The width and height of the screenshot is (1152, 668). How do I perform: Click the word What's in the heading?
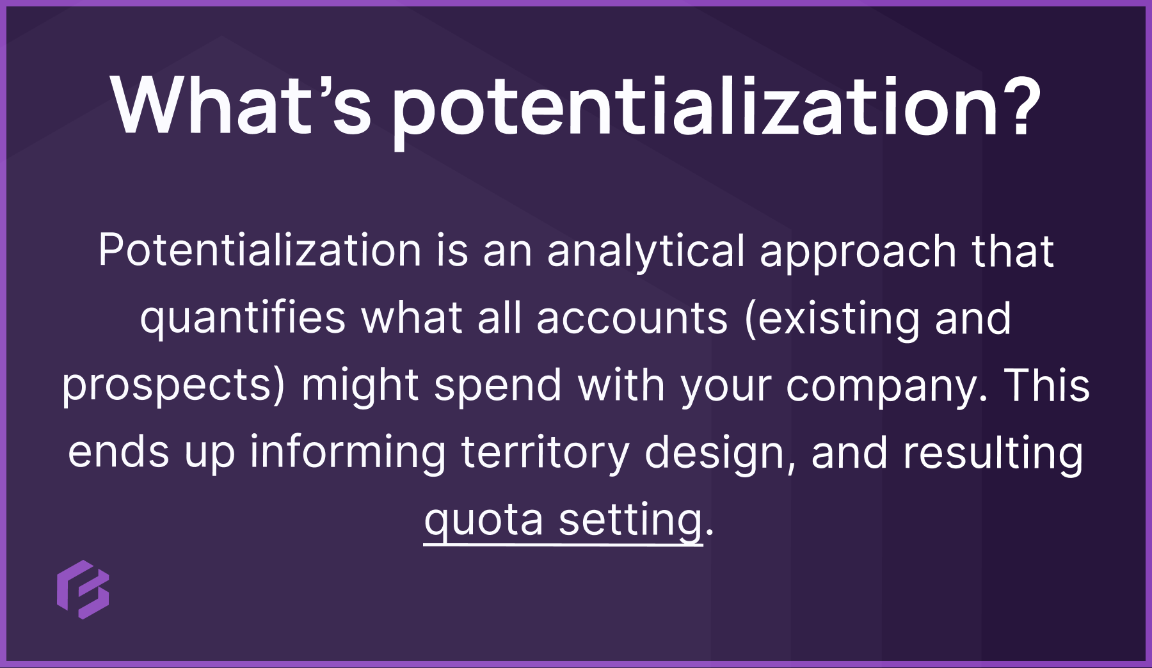point(241,106)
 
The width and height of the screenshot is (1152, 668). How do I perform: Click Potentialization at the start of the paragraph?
point(259,250)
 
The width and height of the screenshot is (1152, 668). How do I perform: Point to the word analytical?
point(646,251)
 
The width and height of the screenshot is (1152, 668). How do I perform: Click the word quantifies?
point(243,318)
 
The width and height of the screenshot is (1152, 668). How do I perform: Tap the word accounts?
point(632,318)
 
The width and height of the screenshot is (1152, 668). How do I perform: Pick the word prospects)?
point(173,386)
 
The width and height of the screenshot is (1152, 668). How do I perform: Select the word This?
point(1047,385)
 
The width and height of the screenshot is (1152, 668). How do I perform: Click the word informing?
point(348,452)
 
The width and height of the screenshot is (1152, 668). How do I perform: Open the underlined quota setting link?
point(563,520)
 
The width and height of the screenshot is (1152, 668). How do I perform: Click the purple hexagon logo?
point(83,589)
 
